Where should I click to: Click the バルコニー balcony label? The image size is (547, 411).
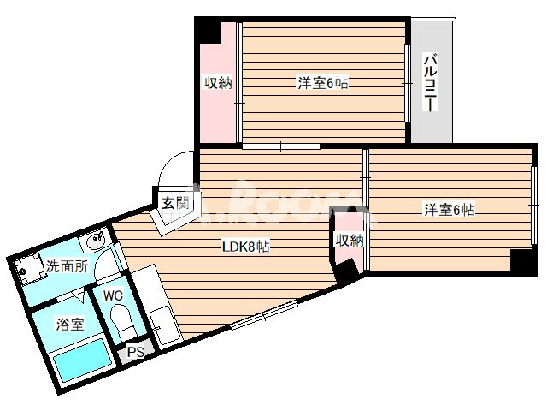pyautogui.click(x=432, y=82)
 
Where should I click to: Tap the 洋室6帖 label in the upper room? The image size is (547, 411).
pyautogui.click(x=322, y=83)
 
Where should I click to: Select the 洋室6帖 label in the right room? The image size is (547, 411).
pyautogui.click(x=450, y=210)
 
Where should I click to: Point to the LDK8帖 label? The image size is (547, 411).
pyautogui.click(x=246, y=247)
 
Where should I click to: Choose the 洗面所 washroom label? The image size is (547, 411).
pyautogui.click(x=67, y=266)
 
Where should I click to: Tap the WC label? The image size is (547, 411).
pyautogui.click(x=113, y=296)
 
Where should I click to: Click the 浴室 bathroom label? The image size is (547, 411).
pyautogui.click(x=70, y=325)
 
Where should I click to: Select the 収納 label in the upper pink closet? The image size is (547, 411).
pyautogui.click(x=218, y=83)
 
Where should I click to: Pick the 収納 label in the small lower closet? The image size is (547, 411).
pyautogui.click(x=349, y=241)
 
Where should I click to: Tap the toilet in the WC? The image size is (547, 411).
pyautogui.click(x=122, y=325)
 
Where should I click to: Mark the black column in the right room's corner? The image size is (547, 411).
pyautogui.click(x=521, y=260)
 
